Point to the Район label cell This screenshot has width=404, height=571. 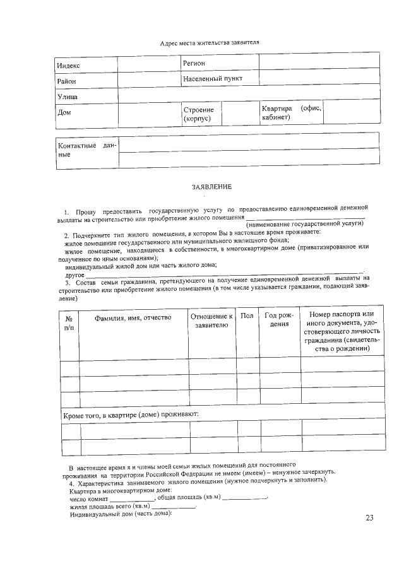coord(66,81)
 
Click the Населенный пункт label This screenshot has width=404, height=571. coord(213,79)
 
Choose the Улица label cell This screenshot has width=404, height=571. coord(68,97)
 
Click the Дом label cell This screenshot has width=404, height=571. coord(64,113)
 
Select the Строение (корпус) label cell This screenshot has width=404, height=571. coord(198,114)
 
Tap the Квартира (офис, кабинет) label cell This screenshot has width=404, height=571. coord(291,113)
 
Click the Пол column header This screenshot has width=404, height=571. coord(247,315)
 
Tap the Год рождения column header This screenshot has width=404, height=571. coord(279,320)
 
